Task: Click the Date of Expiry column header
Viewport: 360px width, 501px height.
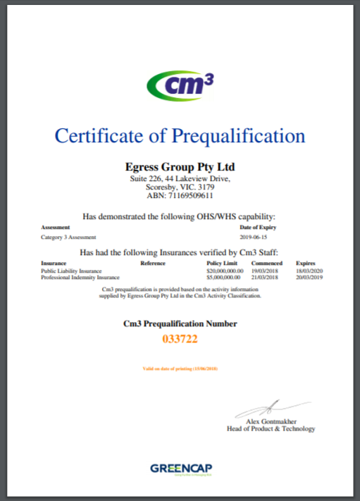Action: tap(258, 228)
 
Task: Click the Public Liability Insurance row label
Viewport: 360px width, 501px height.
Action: tap(71, 271)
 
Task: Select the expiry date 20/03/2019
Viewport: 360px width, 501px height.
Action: tap(309, 277)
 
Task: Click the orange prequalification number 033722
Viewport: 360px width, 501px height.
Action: tap(180, 339)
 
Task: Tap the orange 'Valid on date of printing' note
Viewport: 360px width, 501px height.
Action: tap(180, 369)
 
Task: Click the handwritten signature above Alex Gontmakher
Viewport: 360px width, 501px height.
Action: tap(271, 407)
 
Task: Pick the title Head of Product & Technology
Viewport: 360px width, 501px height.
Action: tap(271, 428)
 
